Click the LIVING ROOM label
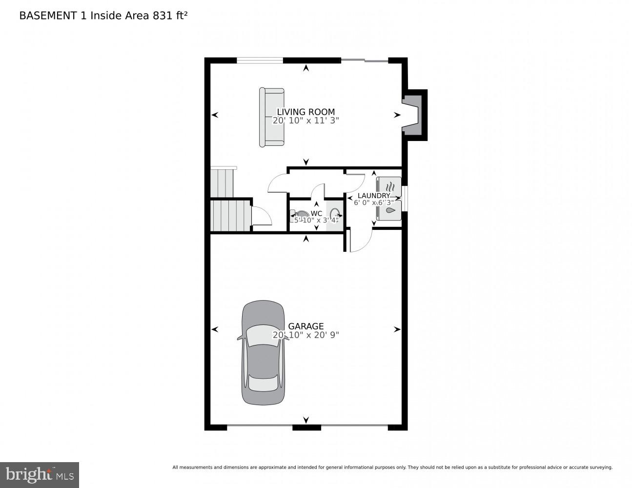pyautogui.click(x=306, y=112)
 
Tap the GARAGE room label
pyautogui.click(x=306, y=326)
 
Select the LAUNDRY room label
pyautogui.click(x=374, y=195)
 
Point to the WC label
pyautogui.click(x=316, y=213)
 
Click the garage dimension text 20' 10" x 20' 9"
pyautogui.click(x=306, y=335)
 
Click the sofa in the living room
pyautogui.click(x=271, y=117)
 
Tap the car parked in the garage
pyautogui.click(x=263, y=352)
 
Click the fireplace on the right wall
pyautogui.click(x=414, y=115)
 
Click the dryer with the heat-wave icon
pyautogui.click(x=389, y=187)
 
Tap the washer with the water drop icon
pyautogui.click(x=389, y=210)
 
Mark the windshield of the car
pyautogui.click(x=263, y=336)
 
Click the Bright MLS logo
pyautogui.click(x=40, y=474)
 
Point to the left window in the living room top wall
pyautogui.click(x=260, y=61)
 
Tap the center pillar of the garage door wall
pyautogui.click(x=306, y=427)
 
